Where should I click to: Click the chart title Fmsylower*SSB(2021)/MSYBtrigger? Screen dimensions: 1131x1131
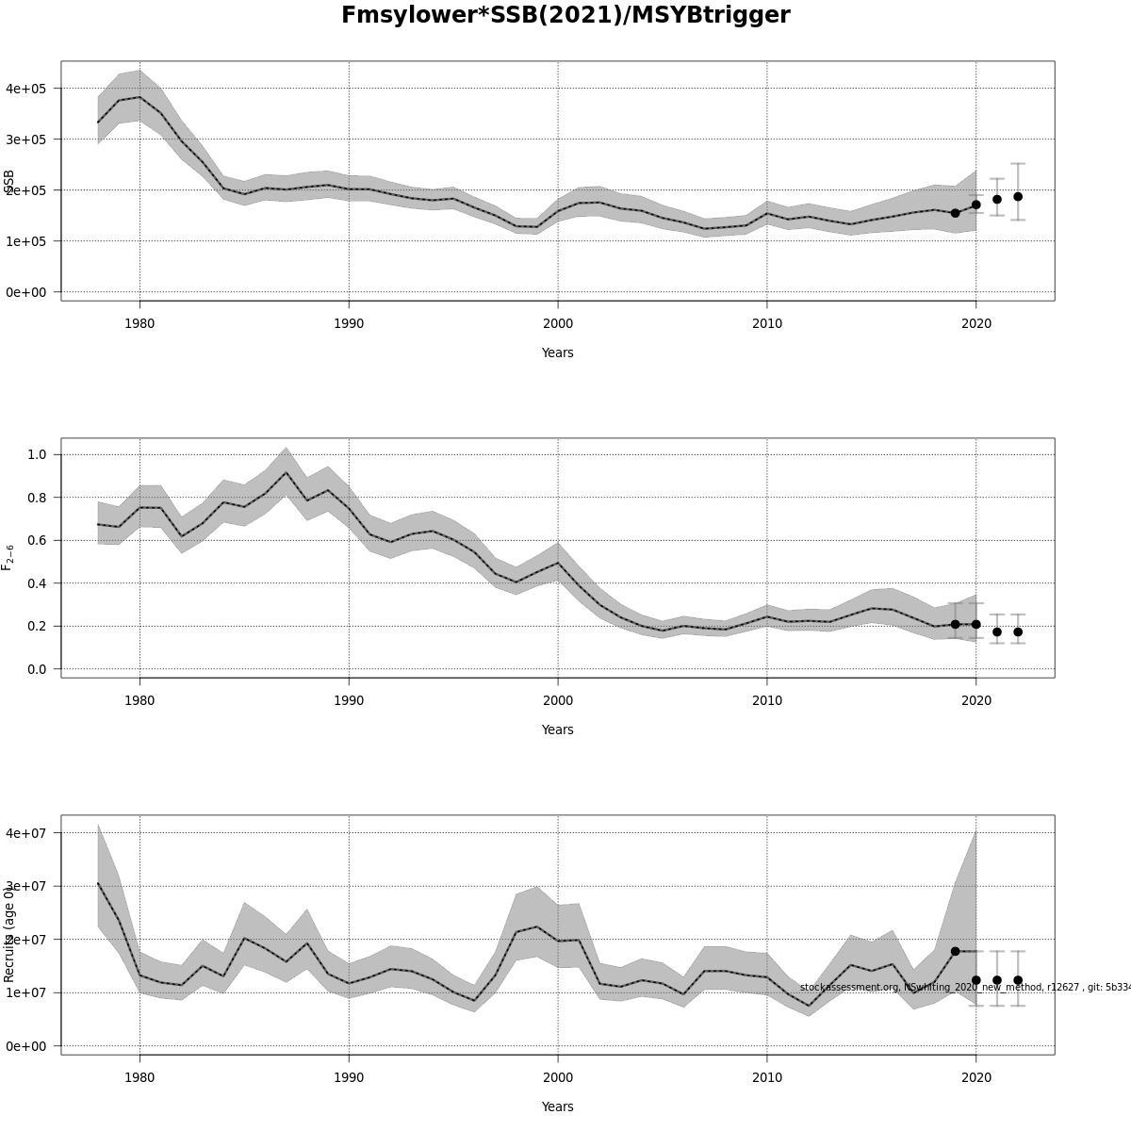pos(565,16)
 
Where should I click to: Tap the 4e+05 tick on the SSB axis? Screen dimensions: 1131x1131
pos(26,89)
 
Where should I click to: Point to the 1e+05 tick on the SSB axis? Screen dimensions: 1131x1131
pos(26,241)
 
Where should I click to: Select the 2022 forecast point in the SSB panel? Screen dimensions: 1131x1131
pos(1018,197)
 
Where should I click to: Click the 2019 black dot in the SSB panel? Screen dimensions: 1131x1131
pos(955,213)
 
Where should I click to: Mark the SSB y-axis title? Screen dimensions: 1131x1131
pos(9,181)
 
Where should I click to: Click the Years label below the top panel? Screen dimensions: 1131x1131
pos(557,352)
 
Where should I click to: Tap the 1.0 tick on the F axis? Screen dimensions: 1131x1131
pos(38,454)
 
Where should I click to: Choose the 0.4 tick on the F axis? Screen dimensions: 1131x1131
pos(38,583)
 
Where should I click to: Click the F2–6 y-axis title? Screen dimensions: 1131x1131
pos(8,557)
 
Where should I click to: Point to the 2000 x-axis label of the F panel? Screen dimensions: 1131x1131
pos(558,701)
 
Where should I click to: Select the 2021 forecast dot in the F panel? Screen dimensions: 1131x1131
pos(997,631)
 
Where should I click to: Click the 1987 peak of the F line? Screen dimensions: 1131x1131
pos(286,472)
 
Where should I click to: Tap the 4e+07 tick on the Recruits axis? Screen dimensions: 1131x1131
pos(26,833)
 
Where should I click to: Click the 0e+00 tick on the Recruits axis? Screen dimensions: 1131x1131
pos(26,1046)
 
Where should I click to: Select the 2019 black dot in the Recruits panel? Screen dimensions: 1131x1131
pos(955,952)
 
